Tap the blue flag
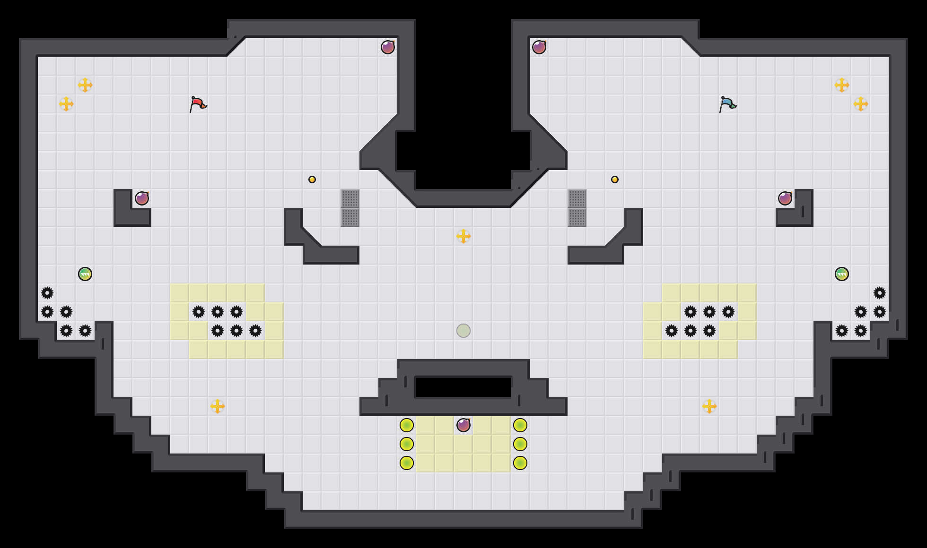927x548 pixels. tap(727, 104)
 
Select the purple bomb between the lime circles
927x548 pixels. tap(463, 425)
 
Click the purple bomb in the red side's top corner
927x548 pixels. tap(388, 47)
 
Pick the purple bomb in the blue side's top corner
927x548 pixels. tap(539, 47)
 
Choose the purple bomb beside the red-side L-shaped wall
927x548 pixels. tap(142, 198)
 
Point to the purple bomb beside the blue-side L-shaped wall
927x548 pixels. tap(785, 198)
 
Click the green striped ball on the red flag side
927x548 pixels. tap(85, 274)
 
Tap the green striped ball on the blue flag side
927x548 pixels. tap(842, 274)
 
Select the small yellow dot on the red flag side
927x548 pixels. tap(312, 180)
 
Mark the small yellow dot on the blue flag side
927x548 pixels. tap(615, 180)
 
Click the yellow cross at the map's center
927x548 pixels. tap(463, 236)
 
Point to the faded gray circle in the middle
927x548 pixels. tap(463, 331)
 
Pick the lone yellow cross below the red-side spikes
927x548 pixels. tap(218, 406)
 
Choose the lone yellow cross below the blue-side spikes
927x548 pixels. tap(709, 406)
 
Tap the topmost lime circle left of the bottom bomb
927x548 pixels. tap(407, 425)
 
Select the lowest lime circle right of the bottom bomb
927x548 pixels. tap(520, 463)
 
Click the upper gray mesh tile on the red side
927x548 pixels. tap(350, 198)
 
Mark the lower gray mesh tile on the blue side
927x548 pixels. tap(577, 217)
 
